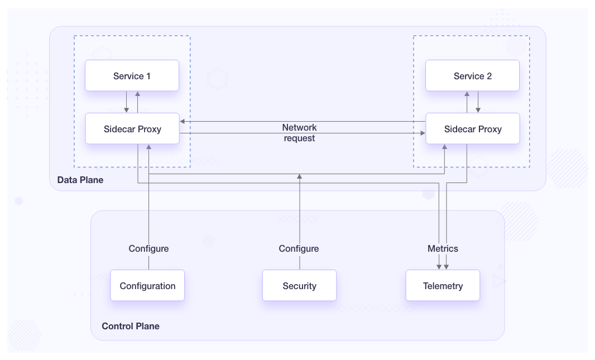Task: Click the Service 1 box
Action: tap(132, 76)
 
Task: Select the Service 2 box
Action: tap(472, 76)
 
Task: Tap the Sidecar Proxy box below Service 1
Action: tap(132, 129)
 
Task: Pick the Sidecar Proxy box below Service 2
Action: tap(472, 129)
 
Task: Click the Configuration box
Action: tap(147, 286)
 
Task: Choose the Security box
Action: tap(299, 286)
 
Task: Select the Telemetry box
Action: tap(443, 286)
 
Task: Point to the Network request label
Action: tap(299, 133)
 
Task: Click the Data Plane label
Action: tap(80, 180)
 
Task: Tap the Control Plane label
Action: tap(130, 326)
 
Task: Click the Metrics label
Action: tap(443, 248)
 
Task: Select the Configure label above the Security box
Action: tap(299, 248)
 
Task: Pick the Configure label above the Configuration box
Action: tap(148, 248)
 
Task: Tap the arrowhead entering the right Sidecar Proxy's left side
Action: tap(423, 133)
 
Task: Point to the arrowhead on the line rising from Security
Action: tap(299, 176)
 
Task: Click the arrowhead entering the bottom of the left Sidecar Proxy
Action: tap(148, 147)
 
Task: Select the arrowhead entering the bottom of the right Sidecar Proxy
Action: tap(444, 147)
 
